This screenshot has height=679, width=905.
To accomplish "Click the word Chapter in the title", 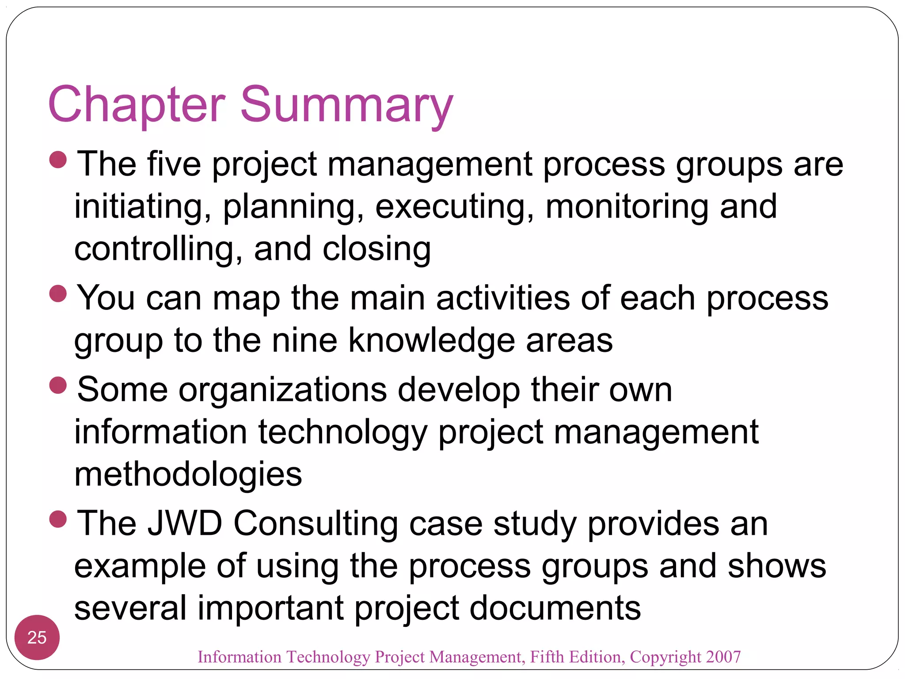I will coord(137,105).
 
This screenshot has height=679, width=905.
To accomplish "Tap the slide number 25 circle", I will coord(37,637).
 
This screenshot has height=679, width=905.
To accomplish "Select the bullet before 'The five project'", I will coord(58,160).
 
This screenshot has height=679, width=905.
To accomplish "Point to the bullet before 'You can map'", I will coord(58,294).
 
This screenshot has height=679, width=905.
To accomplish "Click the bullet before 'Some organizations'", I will coord(58,385).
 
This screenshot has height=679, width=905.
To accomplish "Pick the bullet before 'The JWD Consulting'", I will coord(58,519).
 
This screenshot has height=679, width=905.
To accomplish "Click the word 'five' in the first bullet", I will coord(174,164).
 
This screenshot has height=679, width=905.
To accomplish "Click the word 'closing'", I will coord(376,249).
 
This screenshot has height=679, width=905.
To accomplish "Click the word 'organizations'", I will coord(283,389).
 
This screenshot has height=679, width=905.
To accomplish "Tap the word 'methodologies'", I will coord(188,474).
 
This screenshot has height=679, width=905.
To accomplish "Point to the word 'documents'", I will coord(555,608).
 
